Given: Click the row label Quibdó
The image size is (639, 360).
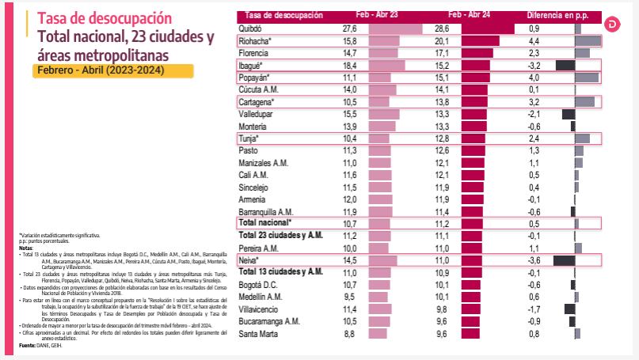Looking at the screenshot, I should [253, 28].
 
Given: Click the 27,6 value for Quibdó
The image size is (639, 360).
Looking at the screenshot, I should [350, 28].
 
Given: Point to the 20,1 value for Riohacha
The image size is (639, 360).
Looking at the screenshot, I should [442, 40].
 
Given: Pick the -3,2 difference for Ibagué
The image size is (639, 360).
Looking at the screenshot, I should [534, 66].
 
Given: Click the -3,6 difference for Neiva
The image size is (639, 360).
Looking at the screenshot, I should [534, 260].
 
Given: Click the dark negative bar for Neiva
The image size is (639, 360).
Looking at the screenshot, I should [563, 260].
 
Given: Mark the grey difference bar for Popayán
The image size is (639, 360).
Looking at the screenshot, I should [587, 78].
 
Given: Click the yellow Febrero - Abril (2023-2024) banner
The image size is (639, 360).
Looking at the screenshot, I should [114, 70].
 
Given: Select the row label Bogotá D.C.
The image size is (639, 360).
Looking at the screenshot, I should [259, 285].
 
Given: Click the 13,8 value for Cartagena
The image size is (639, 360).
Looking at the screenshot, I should [442, 103].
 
